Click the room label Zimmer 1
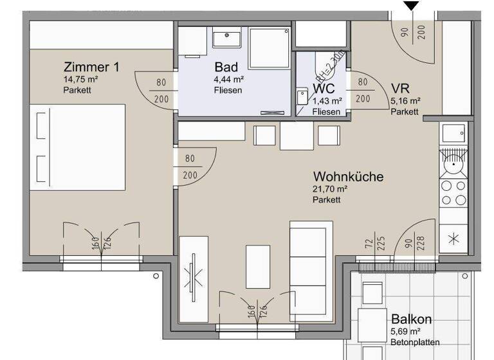(91, 67)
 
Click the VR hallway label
(400, 89)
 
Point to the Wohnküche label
(348, 176)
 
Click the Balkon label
(411, 319)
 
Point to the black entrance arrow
(411, 5)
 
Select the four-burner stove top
(453, 193)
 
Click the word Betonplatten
(416, 343)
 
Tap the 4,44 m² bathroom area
(229, 80)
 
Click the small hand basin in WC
(302, 97)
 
